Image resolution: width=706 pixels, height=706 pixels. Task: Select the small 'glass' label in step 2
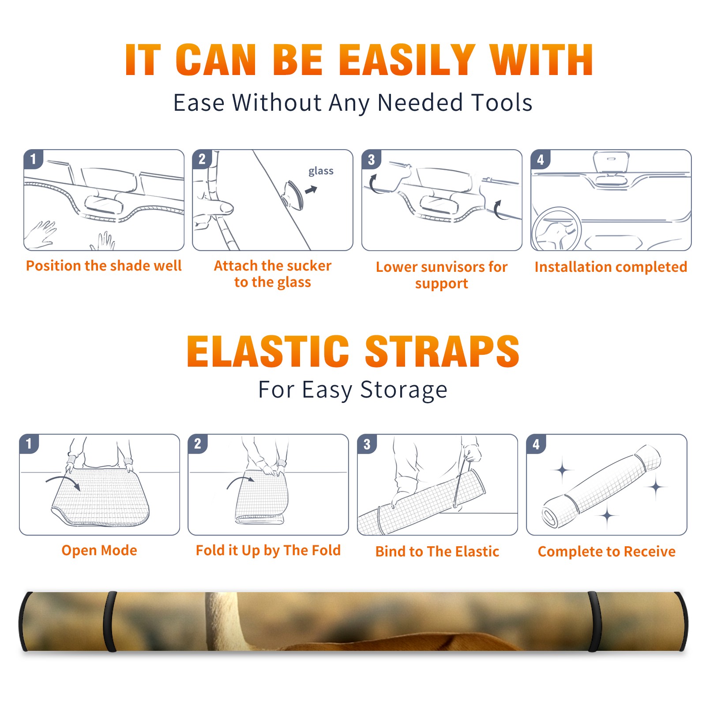pos(321,171)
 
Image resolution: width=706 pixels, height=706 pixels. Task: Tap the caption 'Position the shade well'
pos(104,266)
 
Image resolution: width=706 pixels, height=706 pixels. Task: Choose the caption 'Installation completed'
pos(611,267)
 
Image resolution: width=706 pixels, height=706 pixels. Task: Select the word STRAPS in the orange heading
pos(442,351)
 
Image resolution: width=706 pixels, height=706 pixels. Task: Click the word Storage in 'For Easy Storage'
pos(404,390)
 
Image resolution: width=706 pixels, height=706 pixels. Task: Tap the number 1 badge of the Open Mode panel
pos(29,443)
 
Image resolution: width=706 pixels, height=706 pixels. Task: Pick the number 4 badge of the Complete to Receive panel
pos(536,443)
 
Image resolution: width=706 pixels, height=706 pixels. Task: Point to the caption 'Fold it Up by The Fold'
pos(268,550)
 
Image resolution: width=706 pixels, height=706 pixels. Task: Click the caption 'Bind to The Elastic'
pos(437,551)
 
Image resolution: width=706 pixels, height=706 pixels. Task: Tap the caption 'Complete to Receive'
pos(607,551)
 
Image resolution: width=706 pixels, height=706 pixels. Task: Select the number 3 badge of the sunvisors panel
pos(371,159)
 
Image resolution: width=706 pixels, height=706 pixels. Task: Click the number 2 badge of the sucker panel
pos(202,159)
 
